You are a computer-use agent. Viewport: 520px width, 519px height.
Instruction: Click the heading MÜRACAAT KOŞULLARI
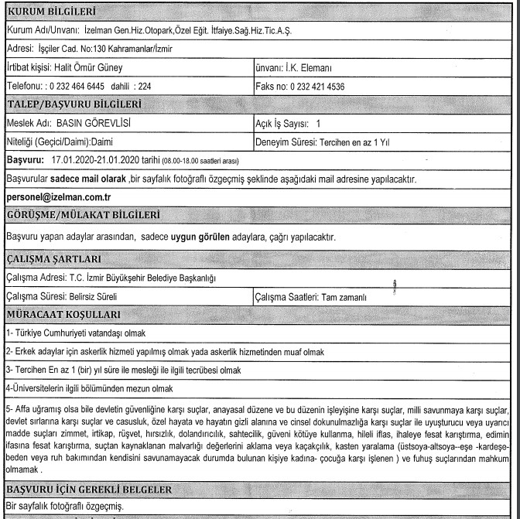63,316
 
